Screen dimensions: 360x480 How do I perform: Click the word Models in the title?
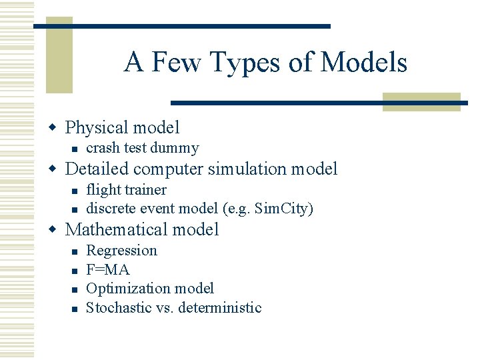click(364, 63)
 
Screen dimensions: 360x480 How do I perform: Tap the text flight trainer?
click(127, 190)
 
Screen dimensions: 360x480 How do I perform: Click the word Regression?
click(122, 251)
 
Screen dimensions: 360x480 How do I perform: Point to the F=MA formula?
click(108, 269)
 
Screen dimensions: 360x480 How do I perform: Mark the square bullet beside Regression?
click(75, 251)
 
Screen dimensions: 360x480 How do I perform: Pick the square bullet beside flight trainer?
click(75, 191)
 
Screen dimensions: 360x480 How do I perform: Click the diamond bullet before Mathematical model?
click(55, 230)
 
